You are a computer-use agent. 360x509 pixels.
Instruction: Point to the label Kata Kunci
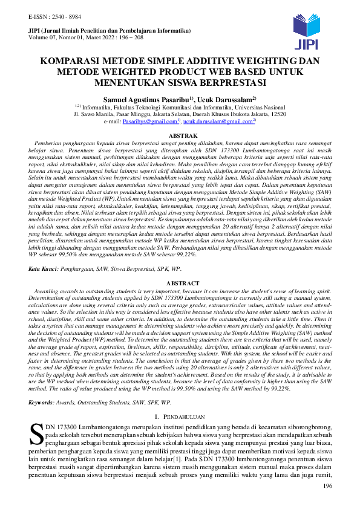(44, 267)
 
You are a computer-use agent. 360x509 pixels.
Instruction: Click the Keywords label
(42, 402)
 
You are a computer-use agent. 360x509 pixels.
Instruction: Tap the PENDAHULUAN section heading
(183, 417)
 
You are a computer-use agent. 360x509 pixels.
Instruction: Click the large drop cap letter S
(36, 434)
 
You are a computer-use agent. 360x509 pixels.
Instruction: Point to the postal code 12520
(277, 114)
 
